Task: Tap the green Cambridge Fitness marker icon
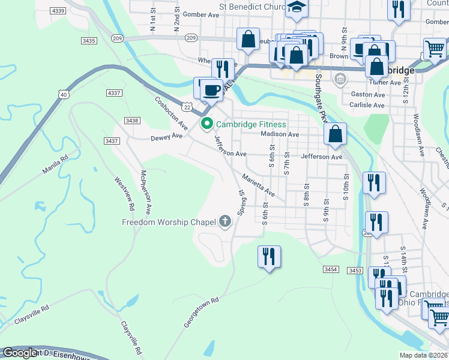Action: (207, 124)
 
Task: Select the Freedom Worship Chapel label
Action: (169, 223)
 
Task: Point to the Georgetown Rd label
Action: (201, 312)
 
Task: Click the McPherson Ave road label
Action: (145, 192)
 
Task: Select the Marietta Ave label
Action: (259, 186)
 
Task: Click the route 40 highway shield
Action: (63, 94)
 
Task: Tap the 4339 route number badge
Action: (59, 11)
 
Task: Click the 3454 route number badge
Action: (331, 270)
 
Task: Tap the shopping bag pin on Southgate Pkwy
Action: (336, 134)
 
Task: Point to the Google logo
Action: (20, 353)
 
